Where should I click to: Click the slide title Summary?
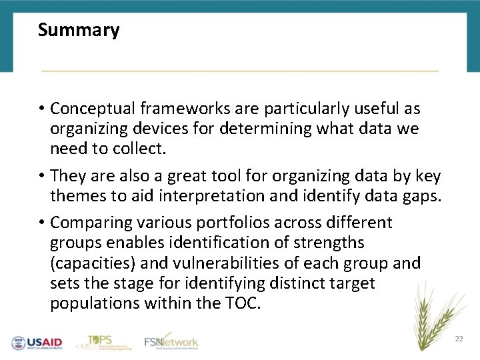pos(79,31)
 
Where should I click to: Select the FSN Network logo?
pos(171,342)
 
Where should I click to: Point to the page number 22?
pos(459,339)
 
